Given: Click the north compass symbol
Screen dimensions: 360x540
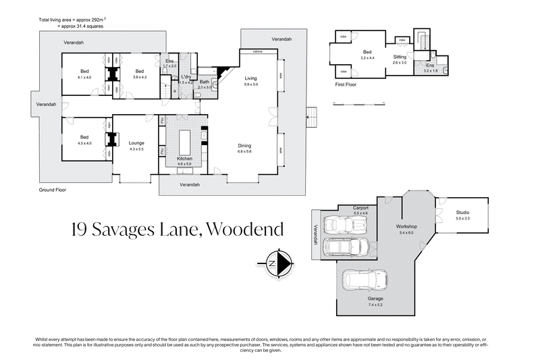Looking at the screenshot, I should coord(277,262).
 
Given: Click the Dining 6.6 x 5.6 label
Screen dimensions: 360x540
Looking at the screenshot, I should coord(244,149).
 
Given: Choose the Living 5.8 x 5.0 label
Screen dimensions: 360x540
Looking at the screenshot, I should coord(251,81).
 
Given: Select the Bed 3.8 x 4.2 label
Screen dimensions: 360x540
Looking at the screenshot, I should coord(140,74).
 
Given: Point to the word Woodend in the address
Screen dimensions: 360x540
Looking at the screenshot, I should coord(245,230).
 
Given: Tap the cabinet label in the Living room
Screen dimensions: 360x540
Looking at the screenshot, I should coord(257,52).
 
